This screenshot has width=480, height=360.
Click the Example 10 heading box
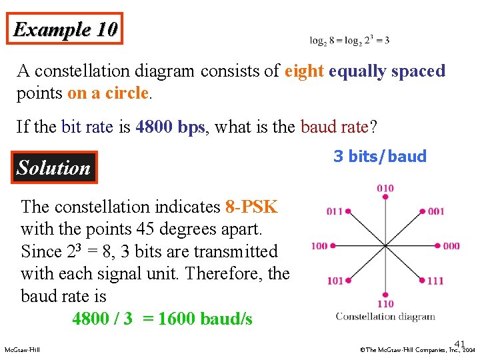click(x=65, y=29)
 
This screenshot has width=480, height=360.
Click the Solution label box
click(x=53, y=167)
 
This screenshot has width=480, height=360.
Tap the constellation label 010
click(x=385, y=189)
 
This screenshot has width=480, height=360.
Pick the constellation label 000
click(x=451, y=246)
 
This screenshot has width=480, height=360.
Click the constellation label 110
click(x=385, y=303)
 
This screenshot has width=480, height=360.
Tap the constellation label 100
click(x=319, y=246)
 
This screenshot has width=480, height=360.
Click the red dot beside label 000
click(x=437, y=246)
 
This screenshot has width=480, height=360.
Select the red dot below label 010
click(x=385, y=198)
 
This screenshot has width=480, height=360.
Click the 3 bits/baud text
click(x=379, y=157)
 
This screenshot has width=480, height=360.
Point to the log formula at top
click(x=349, y=40)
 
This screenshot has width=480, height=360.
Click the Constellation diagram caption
click(x=385, y=317)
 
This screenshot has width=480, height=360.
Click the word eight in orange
click(x=304, y=71)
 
